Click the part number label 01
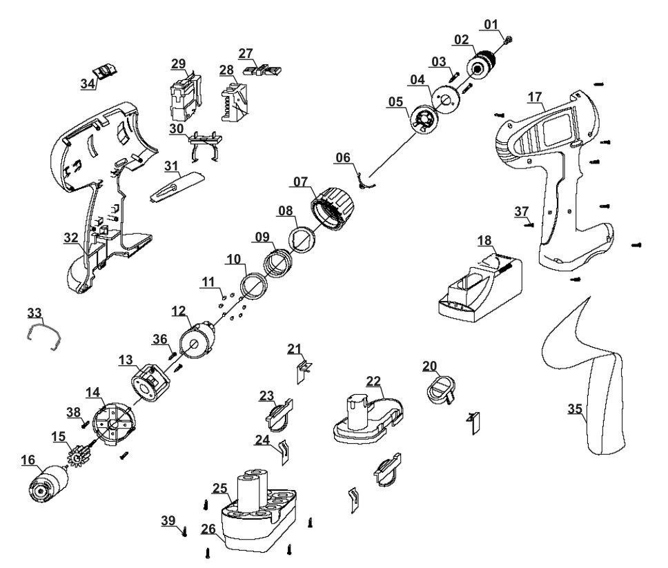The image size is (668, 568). click(491, 26)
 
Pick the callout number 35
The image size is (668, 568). click(574, 408)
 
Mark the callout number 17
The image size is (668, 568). click(536, 98)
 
